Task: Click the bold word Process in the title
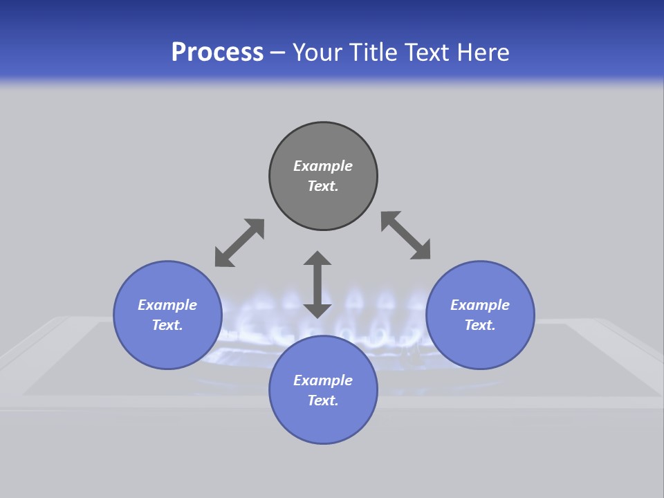click(217, 53)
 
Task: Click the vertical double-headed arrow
click(317, 284)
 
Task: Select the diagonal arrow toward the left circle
click(239, 243)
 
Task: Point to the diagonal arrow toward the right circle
click(405, 236)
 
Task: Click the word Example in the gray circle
click(323, 166)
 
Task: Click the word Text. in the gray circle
click(323, 186)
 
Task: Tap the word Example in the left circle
click(167, 305)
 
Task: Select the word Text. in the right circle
click(480, 325)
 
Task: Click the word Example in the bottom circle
click(323, 380)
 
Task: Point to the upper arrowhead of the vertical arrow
click(317, 259)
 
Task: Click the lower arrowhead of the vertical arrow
click(317, 309)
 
